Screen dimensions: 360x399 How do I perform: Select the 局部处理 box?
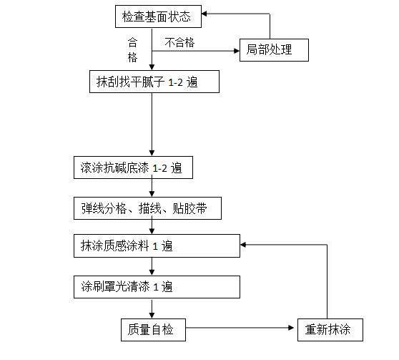click(x=274, y=50)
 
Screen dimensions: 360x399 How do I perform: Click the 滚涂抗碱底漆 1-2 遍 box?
click(x=133, y=168)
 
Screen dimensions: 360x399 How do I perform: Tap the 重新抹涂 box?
click(x=330, y=329)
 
